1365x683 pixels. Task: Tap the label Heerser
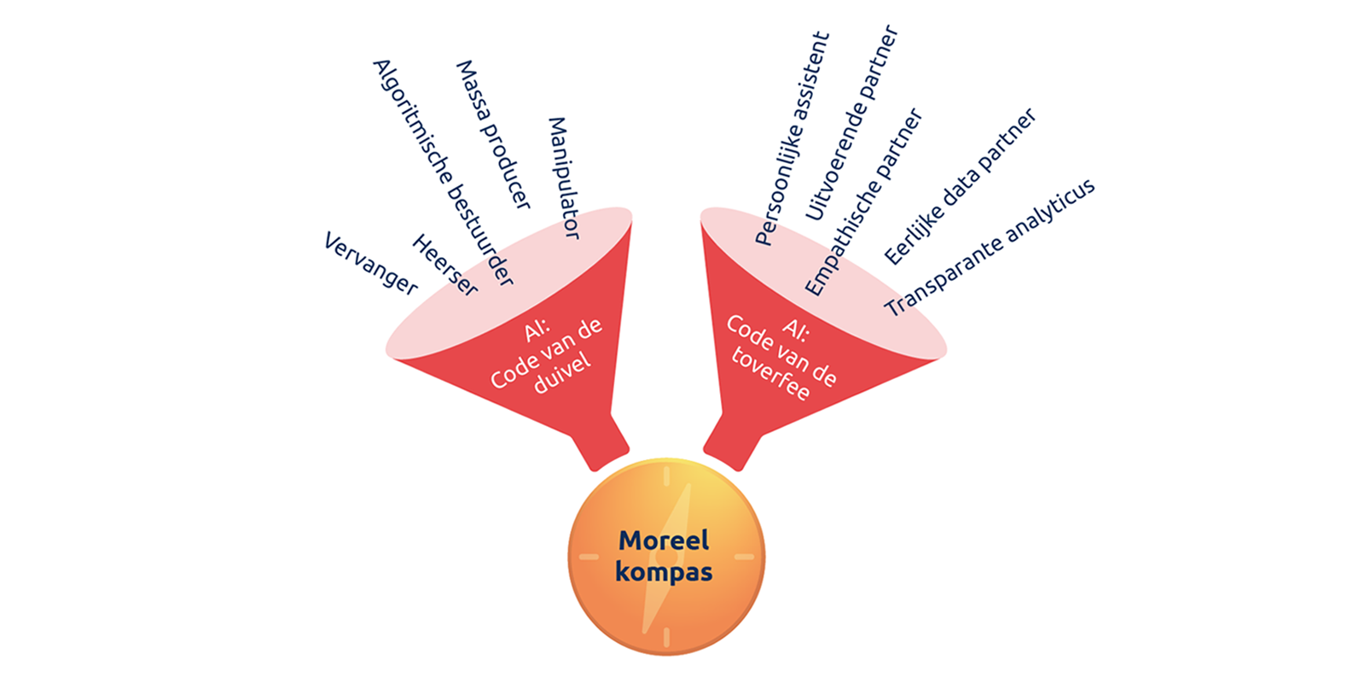point(444,266)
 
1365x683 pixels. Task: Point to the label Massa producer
point(494,134)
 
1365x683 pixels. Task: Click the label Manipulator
point(563,178)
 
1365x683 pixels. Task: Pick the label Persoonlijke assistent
point(793,138)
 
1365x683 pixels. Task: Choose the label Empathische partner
point(863,201)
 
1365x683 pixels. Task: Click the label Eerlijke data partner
point(960,186)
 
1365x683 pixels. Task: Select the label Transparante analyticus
point(990,248)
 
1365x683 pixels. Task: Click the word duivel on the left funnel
point(562,374)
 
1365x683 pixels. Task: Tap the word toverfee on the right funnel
point(770,375)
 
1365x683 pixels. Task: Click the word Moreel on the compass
point(664,540)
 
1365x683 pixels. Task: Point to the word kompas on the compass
point(664,571)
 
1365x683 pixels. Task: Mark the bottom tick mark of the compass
point(667,637)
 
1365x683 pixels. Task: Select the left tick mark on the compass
point(589,557)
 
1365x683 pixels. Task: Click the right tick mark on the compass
point(744,557)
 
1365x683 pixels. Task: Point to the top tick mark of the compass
point(667,476)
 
